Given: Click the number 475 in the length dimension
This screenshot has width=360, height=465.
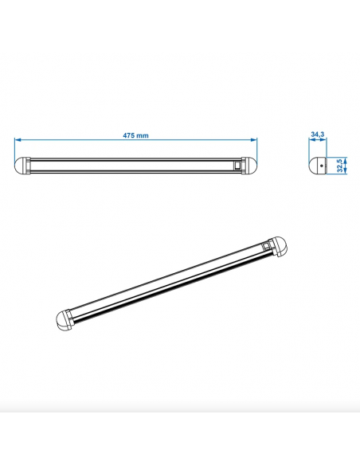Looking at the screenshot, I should click(130, 136).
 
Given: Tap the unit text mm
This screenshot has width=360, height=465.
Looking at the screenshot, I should click(143, 136).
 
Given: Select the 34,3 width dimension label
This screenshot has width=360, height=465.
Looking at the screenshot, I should click(317, 136).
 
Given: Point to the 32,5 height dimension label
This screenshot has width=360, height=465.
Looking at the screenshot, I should click(340, 166).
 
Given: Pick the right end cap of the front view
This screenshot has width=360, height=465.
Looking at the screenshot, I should click(251, 166).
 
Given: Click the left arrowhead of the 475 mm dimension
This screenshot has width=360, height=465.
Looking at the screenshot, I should click(18, 142).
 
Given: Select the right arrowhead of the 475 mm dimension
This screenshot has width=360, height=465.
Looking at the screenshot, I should click(255, 142).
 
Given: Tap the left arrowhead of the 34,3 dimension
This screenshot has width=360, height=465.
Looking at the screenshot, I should click(309, 142).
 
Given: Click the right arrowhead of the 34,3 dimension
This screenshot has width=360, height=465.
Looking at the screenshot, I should click(325, 142).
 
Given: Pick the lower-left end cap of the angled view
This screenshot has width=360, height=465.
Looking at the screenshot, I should click(65, 320).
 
